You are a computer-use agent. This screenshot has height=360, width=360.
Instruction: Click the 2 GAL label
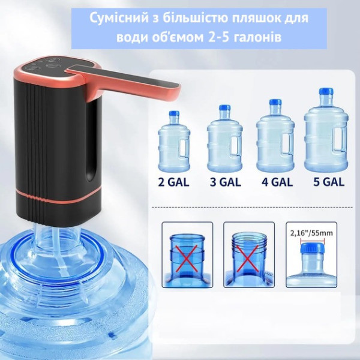pyautogui.click(x=174, y=182)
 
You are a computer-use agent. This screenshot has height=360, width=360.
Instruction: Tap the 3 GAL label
pyautogui.click(x=225, y=182)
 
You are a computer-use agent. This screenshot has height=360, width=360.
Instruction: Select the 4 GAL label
pyautogui.click(x=277, y=182)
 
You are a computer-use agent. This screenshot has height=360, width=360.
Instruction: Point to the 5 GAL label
pyautogui.click(x=329, y=182)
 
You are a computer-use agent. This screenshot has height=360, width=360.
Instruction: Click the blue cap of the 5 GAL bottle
pyautogui.click(x=326, y=91)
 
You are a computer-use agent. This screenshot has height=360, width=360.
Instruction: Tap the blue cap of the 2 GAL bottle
pyautogui.click(x=174, y=113)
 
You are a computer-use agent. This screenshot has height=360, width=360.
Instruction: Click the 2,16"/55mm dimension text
pyautogui.click(x=311, y=233)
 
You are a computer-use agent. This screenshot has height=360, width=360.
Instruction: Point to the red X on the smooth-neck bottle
pyautogui.click(x=187, y=258)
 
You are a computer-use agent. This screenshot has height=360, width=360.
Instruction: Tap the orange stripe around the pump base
pyautogui.click(x=59, y=196)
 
